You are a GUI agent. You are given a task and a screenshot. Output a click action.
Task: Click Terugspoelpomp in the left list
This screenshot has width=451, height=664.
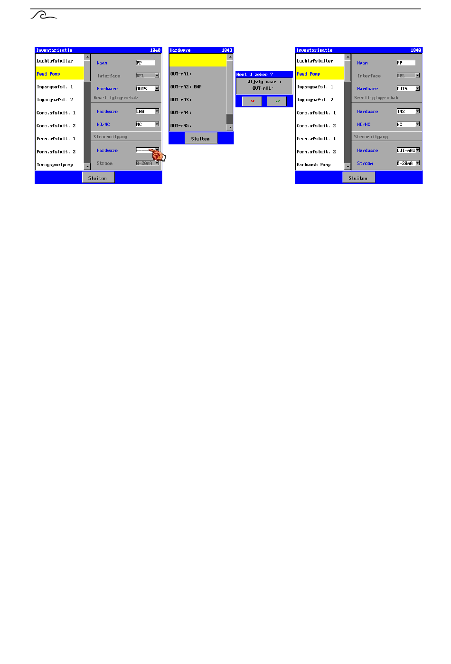tap(55, 165)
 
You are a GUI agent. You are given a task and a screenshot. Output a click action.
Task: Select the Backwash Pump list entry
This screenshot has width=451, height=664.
tap(314, 165)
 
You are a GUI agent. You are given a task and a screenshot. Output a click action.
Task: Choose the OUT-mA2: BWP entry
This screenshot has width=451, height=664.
tap(186, 87)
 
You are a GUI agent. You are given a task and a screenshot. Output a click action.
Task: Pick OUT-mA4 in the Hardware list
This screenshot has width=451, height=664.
tap(180, 113)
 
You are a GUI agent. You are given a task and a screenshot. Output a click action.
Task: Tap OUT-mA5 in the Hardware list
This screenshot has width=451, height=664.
tap(180, 126)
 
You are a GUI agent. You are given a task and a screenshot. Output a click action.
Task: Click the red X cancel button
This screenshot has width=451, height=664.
tap(252, 101)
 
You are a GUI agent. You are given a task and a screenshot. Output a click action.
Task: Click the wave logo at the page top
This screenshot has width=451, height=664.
tap(43, 16)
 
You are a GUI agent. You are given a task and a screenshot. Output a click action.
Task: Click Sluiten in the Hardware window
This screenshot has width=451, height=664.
tap(200, 139)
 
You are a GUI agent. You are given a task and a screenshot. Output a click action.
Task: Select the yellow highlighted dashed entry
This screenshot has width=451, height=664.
tap(197, 60)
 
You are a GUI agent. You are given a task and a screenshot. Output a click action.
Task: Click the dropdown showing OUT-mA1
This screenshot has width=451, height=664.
tap(408, 151)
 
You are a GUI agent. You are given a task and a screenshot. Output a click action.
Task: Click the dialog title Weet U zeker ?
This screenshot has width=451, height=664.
tap(255, 75)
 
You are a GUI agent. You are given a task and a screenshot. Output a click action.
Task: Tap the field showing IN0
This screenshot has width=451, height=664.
tap(147, 112)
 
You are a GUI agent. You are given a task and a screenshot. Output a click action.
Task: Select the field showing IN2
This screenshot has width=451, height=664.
tap(408, 112)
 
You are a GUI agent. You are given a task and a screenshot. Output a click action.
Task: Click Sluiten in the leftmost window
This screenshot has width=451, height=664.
tap(98, 178)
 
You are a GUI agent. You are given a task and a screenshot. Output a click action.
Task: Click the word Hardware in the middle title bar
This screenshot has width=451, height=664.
tap(180, 50)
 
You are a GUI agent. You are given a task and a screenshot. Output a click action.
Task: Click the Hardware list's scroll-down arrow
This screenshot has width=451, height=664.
tap(230, 127)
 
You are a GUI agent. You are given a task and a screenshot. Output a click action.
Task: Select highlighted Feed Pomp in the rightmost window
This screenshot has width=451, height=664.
tap(309, 74)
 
